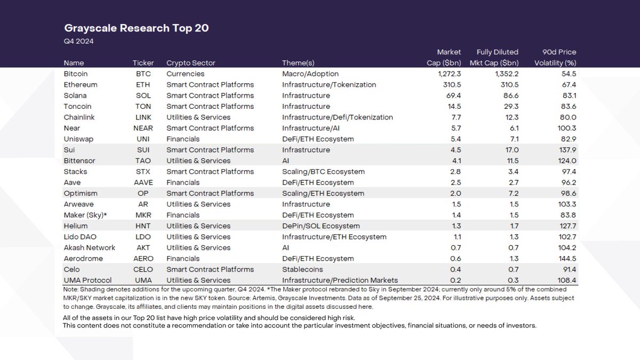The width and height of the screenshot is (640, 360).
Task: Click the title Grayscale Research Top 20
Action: [x=136, y=28]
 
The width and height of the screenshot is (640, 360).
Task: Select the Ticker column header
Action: [x=143, y=63]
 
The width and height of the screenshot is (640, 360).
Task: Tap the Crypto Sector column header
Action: [x=191, y=63]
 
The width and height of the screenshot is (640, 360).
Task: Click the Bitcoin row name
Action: [x=75, y=74]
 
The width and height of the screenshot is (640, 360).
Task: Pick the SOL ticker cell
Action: [x=143, y=95]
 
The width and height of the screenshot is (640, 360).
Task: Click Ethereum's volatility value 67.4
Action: [x=565, y=85]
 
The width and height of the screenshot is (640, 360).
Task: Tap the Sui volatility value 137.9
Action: [x=564, y=150]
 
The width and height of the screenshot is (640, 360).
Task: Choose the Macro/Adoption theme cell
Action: [x=310, y=74]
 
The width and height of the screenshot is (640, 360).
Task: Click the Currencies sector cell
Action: [x=185, y=74]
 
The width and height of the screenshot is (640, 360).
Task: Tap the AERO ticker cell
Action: [x=143, y=259]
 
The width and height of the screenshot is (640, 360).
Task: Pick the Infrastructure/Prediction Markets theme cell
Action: [x=340, y=280]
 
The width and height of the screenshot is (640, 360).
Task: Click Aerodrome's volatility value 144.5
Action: [x=564, y=259]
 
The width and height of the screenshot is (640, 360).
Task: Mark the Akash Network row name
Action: [x=89, y=247]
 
